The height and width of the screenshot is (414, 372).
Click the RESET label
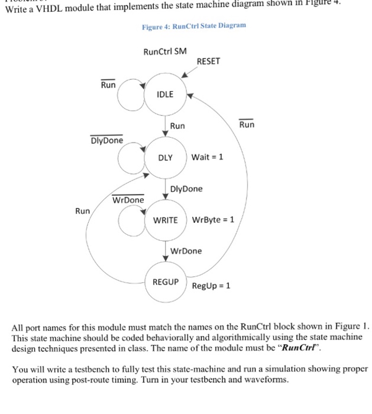pos(209,61)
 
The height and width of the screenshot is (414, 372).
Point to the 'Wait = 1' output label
pos(207,158)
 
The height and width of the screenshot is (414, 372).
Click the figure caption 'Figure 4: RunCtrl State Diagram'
pos(193,27)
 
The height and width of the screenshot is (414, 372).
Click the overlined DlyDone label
pos(106,141)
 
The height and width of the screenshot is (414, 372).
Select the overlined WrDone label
pos(128,200)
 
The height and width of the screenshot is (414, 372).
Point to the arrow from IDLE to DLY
pos(165,126)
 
